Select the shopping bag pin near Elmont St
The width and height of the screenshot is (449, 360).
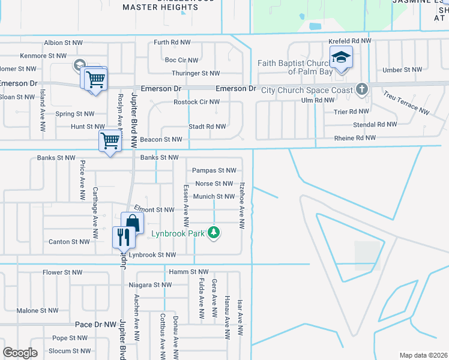pyautogui.click(x=132, y=223)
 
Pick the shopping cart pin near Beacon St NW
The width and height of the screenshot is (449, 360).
pyautogui.click(x=110, y=142)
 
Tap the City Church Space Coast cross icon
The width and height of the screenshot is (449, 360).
pyautogui.click(x=361, y=89)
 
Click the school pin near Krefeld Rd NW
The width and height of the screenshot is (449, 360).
pyautogui.click(x=341, y=58)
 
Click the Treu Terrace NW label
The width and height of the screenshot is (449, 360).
pyautogui.click(x=406, y=103)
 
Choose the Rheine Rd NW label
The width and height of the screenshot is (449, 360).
pyautogui.click(x=355, y=139)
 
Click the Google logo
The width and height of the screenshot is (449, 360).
pyautogui.click(x=20, y=352)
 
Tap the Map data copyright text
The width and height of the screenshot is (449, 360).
pyautogui.click(x=423, y=355)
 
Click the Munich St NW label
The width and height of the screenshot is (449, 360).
pyautogui.click(x=214, y=197)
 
